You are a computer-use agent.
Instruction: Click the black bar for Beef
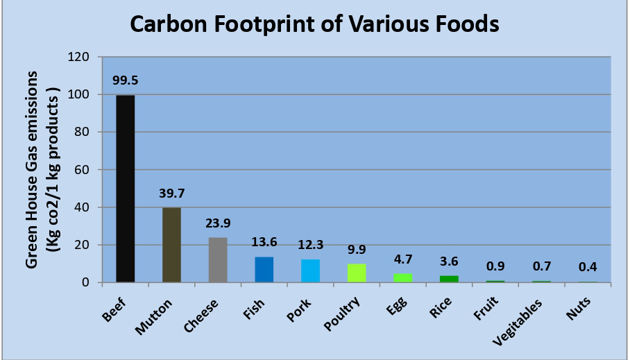[x=125, y=189]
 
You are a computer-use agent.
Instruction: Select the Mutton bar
[x=171, y=245]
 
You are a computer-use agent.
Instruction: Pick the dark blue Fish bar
[x=264, y=270]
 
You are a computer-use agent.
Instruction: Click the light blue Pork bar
[x=310, y=271]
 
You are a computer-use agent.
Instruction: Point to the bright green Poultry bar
[x=357, y=273]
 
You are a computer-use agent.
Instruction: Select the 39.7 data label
[x=171, y=192]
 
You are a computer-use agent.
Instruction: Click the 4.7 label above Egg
[x=403, y=258]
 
